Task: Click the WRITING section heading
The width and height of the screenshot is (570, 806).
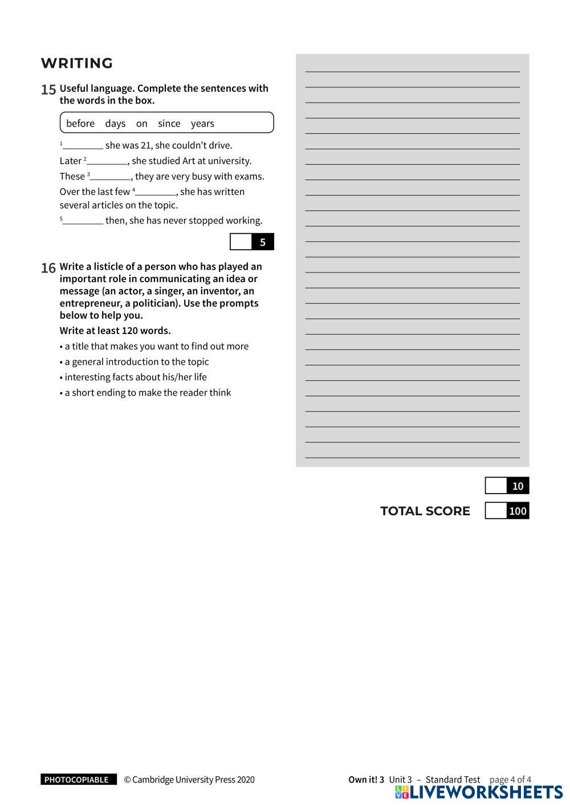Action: pyautogui.click(x=77, y=63)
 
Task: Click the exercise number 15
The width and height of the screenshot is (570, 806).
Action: pyautogui.click(x=48, y=89)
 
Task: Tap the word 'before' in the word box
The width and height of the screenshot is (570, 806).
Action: pyautogui.click(x=80, y=124)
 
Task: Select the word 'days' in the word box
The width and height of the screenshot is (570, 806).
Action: pyautogui.click(x=115, y=124)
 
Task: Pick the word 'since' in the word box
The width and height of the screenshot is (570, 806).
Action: pyautogui.click(x=169, y=124)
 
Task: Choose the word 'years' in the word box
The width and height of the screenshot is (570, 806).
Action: pyautogui.click(x=202, y=124)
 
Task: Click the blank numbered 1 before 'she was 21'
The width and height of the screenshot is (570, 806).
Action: pyautogui.click(x=83, y=145)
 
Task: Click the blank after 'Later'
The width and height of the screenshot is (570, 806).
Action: pyautogui.click(x=107, y=161)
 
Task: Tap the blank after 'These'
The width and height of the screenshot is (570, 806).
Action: pyautogui.click(x=111, y=176)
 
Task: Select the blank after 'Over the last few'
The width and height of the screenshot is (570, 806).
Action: pyautogui.click(x=156, y=192)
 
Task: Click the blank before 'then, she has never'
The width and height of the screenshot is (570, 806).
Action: pyautogui.click(x=83, y=221)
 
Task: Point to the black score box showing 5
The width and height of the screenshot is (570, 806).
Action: pyautogui.click(x=262, y=242)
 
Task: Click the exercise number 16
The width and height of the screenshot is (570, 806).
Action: pyautogui.click(x=48, y=268)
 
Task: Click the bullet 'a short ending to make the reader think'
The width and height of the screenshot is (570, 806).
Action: pyautogui.click(x=148, y=393)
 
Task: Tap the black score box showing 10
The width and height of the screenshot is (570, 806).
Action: pyautogui.click(x=518, y=486)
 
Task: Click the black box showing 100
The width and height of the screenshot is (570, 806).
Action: pyautogui.click(x=518, y=511)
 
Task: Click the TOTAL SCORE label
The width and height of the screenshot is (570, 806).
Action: pyautogui.click(x=425, y=511)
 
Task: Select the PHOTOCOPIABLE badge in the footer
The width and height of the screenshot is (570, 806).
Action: pyautogui.click(x=77, y=780)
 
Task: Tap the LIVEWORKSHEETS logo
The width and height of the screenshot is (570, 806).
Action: pyautogui.click(x=479, y=792)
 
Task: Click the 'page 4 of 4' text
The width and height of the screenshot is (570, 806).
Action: pyautogui.click(x=510, y=780)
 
